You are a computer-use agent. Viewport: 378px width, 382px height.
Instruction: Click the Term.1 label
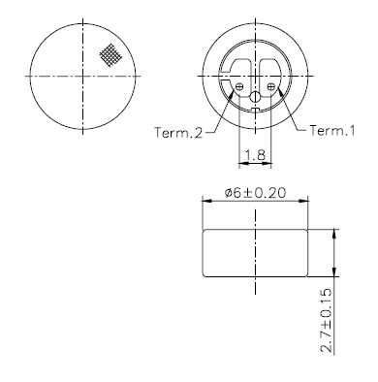[332, 131]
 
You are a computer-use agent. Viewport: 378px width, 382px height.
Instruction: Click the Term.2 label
[178, 133]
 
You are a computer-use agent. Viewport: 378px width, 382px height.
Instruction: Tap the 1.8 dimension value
[255, 155]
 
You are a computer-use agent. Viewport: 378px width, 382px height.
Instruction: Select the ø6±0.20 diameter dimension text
[255, 193]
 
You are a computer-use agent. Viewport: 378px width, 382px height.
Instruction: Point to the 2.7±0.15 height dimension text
[326, 320]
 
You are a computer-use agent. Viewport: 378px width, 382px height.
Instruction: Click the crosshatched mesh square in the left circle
[110, 55]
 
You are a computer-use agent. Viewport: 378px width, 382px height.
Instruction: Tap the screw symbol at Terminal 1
[271, 86]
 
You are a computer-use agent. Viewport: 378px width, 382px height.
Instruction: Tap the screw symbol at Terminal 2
[239, 86]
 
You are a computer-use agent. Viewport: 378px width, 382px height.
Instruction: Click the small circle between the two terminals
[255, 96]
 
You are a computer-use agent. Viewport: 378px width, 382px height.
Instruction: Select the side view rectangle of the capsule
[255, 253]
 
